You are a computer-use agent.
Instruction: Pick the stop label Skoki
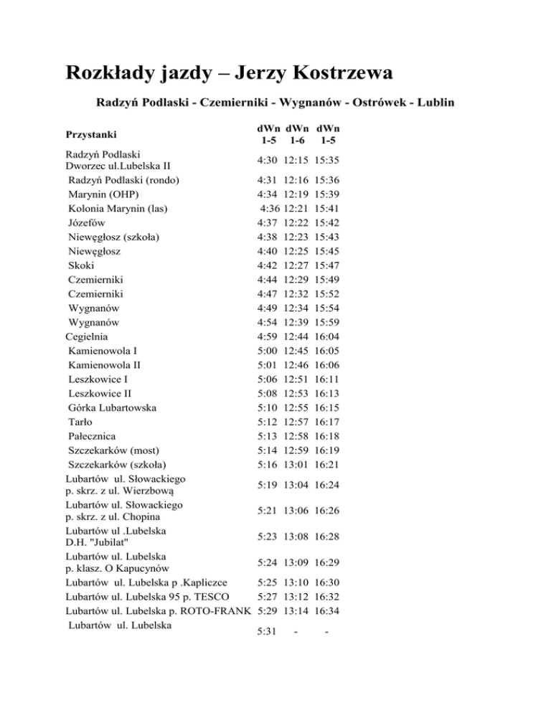[x=82, y=265]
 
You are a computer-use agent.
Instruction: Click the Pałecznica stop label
[x=94, y=436]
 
